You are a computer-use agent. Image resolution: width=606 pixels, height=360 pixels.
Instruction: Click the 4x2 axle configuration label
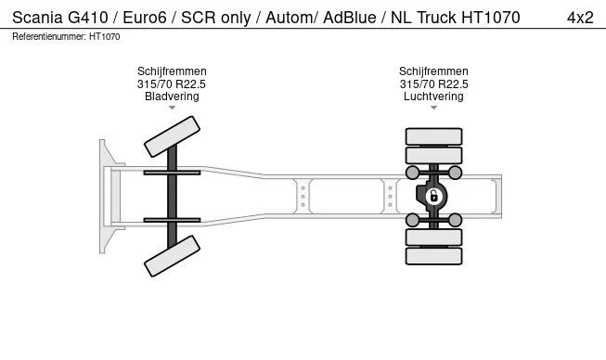click(580, 18)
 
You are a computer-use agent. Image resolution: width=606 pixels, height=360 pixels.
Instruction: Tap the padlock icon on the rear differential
click(433, 196)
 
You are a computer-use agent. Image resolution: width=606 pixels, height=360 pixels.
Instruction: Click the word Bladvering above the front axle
click(172, 96)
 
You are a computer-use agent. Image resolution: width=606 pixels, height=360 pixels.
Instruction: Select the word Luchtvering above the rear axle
click(433, 96)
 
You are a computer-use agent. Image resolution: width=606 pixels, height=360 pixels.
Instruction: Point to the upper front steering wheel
click(172, 136)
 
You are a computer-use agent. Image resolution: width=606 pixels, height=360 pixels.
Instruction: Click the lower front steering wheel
click(172, 256)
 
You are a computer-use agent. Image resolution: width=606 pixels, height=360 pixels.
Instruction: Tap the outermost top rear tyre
click(433, 136)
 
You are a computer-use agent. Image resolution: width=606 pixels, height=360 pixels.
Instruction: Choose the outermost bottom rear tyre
click(433, 256)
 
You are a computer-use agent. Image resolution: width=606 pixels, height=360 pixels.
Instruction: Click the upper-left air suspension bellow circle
click(412, 173)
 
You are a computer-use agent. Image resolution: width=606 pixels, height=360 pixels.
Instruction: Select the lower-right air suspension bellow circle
click(455, 220)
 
